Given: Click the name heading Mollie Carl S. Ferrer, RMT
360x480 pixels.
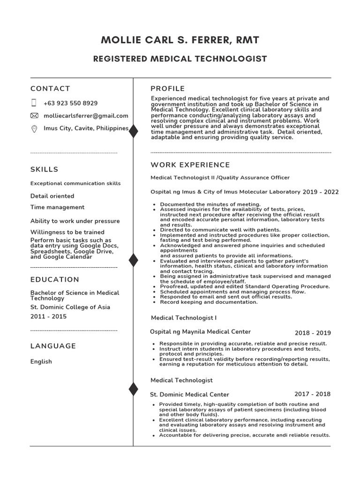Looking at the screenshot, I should click(180, 40).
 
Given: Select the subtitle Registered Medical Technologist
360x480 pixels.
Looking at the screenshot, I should click(180, 59).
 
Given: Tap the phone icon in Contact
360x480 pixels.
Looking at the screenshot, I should click(34, 103).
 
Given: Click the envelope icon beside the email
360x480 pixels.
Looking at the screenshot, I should click(34, 116).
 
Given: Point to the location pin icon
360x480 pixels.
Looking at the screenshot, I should click(34, 129).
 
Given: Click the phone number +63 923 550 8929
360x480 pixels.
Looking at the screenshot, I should click(70, 103).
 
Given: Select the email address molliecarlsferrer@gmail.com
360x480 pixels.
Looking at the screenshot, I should click(86, 116).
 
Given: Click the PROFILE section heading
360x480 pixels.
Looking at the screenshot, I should click(167, 89).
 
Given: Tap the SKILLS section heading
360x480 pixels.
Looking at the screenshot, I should click(45, 169).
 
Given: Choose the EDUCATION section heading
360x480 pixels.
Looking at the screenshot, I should click(55, 279).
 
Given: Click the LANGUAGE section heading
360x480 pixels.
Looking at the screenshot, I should click(53, 346).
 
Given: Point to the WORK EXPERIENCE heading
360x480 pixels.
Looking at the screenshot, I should click(190, 165).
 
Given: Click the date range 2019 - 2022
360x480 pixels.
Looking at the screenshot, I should click(320, 192).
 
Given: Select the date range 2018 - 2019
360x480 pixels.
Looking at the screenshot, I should click(313, 333).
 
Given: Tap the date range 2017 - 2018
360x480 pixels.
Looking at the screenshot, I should click(312, 394).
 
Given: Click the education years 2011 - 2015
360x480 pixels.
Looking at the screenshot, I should click(48, 317).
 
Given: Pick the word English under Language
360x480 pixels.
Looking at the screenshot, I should click(41, 361).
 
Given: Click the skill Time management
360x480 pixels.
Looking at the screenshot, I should click(57, 207).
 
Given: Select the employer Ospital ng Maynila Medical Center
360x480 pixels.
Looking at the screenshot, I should click(200, 332).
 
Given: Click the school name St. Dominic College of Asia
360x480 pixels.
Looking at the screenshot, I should click(70, 307).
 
